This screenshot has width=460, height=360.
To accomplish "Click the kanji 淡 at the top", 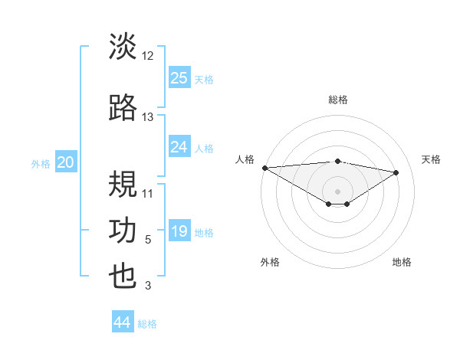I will click(123, 47).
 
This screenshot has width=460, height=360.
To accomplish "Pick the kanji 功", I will click(123, 231).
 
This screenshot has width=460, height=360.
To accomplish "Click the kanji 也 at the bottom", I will click(123, 277).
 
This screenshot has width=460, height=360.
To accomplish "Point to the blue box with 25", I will click(179, 77).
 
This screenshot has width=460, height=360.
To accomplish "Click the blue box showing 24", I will click(179, 147).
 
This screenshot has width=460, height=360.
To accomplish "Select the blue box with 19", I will click(179, 231).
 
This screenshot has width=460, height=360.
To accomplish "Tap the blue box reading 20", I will click(66, 162).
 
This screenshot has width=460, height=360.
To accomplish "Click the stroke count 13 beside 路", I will click(148, 117).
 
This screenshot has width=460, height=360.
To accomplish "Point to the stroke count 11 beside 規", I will click(148, 193).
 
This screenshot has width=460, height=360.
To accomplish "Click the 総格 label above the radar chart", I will click(337, 100).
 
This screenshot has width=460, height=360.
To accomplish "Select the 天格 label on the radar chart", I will click(431, 159).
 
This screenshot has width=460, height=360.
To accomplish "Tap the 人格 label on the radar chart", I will click(245, 159).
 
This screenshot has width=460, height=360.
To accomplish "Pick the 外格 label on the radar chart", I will click(270, 262).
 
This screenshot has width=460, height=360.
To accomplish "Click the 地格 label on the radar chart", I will click(402, 262).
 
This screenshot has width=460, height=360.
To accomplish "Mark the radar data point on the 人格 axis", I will click(264, 168).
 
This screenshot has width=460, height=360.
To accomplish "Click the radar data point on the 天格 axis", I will click(396, 172).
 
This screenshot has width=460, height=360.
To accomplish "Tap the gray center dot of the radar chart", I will click(337, 190).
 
